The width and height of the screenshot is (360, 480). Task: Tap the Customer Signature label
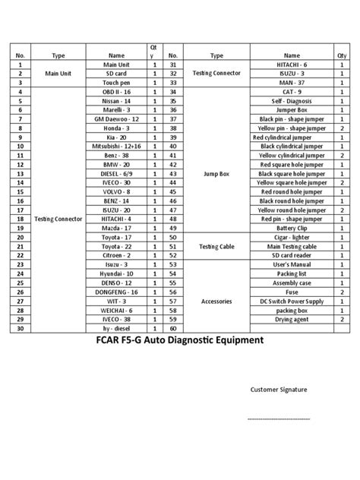click(x=279, y=390)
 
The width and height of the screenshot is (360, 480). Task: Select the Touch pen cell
click(x=116, y=82)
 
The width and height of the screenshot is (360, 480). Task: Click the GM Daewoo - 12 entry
click(x=116, y=119)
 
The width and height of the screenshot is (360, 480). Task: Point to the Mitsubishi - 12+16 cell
click(x=116, y=146)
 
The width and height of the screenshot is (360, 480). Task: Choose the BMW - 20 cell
click(x=116, y=164)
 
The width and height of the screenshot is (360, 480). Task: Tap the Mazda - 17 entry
click(x=116, y=228)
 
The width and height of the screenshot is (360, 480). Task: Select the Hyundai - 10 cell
click(x=116, y=273)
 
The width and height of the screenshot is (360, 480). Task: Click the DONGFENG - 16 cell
click(x=116, y=292)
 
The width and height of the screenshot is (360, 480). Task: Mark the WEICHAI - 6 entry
click(x=116, y=310)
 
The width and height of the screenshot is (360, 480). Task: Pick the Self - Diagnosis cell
click(x=292, y=100)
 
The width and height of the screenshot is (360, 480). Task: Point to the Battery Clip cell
click(x=292, y=228)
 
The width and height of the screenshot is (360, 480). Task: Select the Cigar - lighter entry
click(x=292, y=237)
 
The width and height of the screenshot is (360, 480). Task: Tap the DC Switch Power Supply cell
click(x=292, y=302)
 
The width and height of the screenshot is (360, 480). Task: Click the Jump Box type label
click(x=216, y=173)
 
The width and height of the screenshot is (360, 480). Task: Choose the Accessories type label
click(x=216, y=302)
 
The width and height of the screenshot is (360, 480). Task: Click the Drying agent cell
click(x=292, y=319)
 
